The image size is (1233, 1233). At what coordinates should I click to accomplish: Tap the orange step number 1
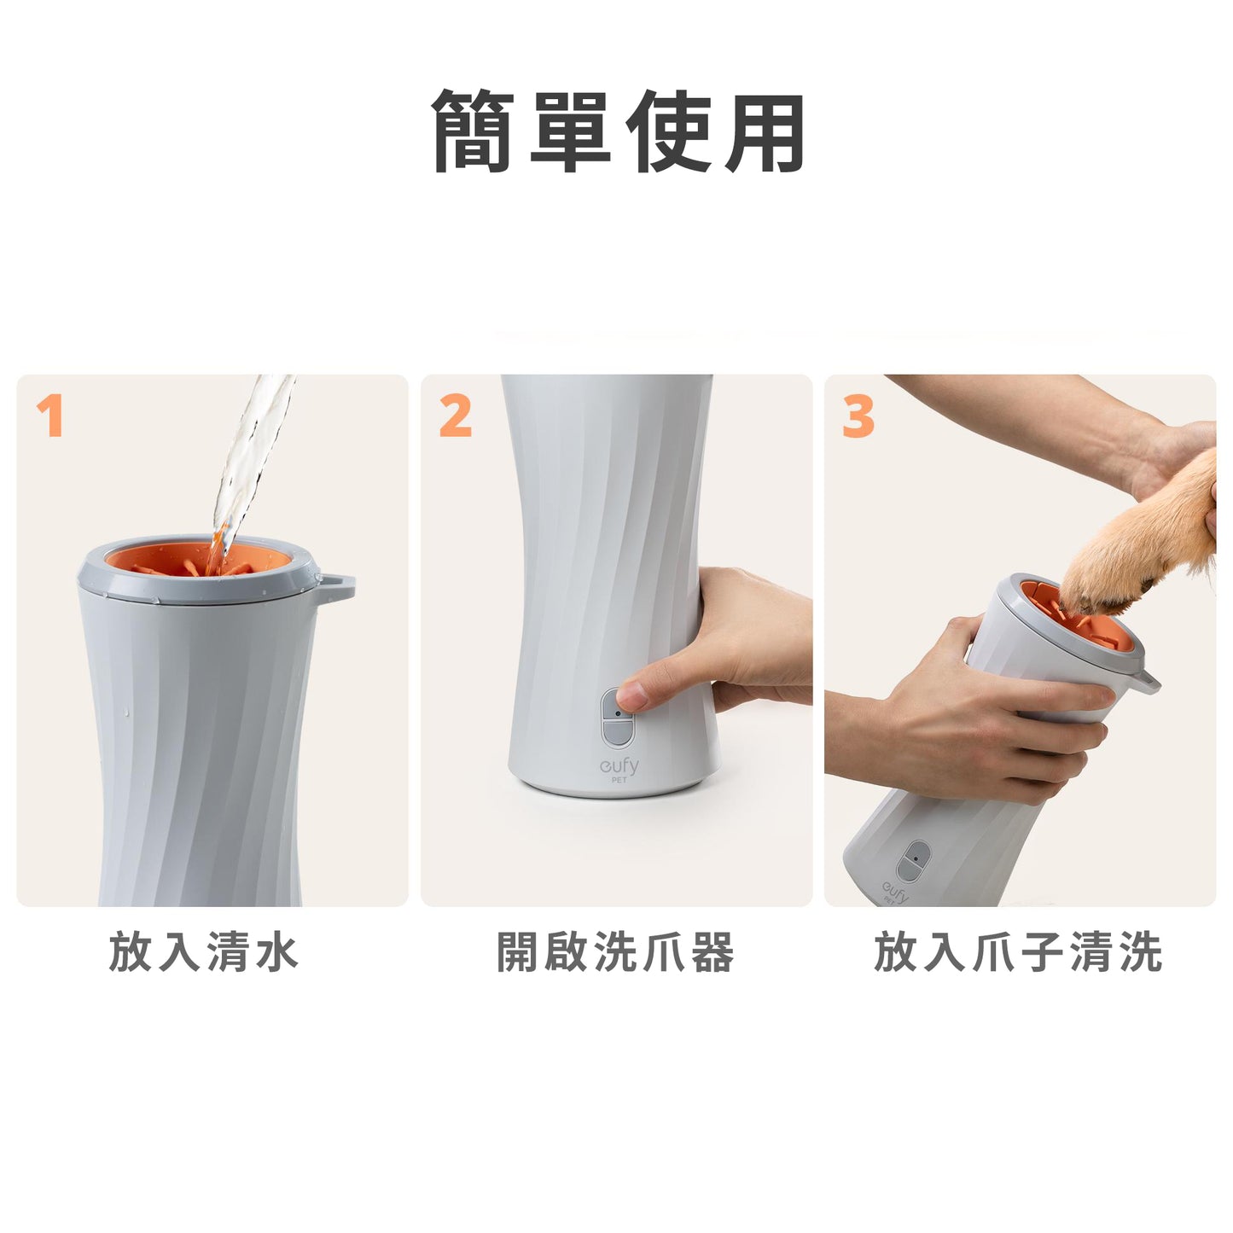(x=50, y=417)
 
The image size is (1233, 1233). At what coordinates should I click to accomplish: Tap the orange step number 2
(x=455, y=417)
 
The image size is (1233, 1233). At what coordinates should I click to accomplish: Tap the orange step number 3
(x=858, y=417)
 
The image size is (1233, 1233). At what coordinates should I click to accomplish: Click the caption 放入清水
(x=203, y=952)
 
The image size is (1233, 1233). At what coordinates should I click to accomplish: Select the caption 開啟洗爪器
(x=615, y=952)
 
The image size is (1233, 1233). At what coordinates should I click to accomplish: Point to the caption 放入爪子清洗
(x=1018, y=952)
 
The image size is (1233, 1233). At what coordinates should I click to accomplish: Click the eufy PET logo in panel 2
(x=619, y=769)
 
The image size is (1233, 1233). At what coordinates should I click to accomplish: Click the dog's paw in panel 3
(x=1109, y=563)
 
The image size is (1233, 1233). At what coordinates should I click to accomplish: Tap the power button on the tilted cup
(x=914, y=860)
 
